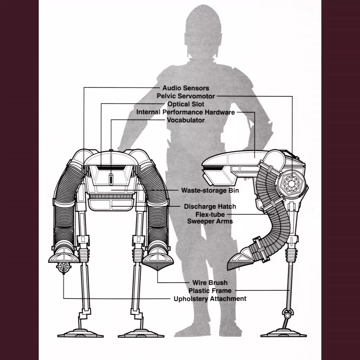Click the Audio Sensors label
186,88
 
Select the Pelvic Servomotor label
186,96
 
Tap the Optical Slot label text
186,104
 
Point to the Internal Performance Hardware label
186,112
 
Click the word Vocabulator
186,120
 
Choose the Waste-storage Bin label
210,190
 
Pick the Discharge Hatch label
210,206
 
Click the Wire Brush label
210,283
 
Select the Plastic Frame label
210,291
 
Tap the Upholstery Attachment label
210,299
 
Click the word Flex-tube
210,214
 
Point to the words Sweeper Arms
210,221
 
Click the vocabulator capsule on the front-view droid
111,179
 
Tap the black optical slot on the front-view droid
111,168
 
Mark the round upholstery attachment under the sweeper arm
64,268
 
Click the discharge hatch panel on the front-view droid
111,205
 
